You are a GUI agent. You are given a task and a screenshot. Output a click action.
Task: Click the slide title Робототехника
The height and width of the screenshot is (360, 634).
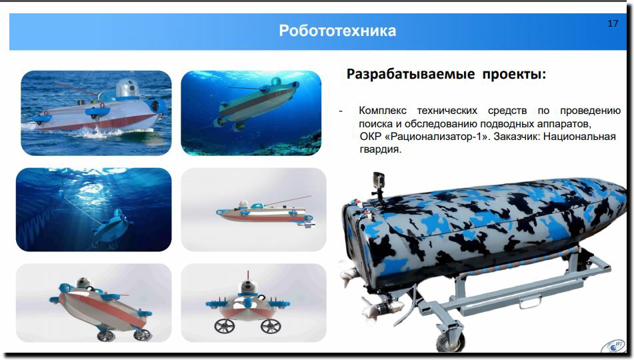pos(337,31)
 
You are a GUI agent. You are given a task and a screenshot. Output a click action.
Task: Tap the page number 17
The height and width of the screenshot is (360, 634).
pos(613,23)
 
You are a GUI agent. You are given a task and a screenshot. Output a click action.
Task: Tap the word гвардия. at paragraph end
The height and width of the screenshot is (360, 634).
pos(380,149)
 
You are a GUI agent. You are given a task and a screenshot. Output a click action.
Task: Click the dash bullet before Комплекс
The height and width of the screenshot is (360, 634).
pos(341,111)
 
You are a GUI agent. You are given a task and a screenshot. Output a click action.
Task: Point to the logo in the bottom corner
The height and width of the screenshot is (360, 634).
pos(614,347)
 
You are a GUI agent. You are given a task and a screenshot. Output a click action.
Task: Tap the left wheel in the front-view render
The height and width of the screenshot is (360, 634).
pos(225,325)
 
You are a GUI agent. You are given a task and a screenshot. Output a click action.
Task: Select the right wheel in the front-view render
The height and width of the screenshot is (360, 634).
pos(271,325)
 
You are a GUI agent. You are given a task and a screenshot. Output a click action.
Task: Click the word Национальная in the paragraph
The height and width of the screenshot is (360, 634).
pos(579,137)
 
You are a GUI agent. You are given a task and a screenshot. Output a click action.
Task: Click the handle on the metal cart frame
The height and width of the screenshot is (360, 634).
pos(530,301)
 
